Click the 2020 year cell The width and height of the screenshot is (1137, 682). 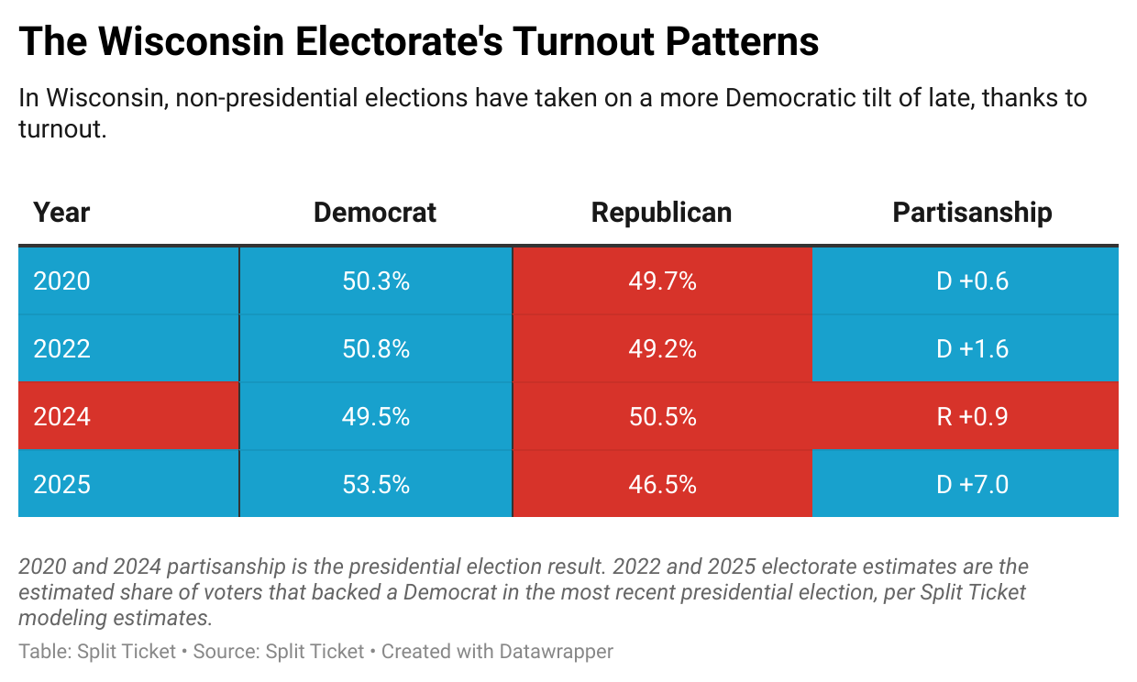(x=62, y=280)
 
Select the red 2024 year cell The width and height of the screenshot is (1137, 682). (x=62, y=416)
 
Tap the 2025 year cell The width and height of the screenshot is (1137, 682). (x=62, y=484)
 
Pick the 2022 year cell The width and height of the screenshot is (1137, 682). (x=62, y=348)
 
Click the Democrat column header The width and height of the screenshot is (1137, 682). (x=375, y=213)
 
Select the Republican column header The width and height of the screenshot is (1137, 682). (x=661, y=213)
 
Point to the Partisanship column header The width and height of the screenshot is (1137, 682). (x=972, y=213)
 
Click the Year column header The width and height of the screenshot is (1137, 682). (x=61, y=213)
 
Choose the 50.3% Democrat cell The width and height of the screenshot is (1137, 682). (x=376, y=280)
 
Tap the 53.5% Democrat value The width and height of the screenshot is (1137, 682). (x=376, y=484)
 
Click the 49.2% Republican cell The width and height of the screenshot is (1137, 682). (x=662, y=348)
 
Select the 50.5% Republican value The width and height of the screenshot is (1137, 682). (x=662, y=416)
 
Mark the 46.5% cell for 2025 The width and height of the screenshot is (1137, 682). (x=662, y=484)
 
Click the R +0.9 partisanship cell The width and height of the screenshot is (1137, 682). (x=972, y=416)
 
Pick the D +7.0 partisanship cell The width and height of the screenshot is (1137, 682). (x=972, y=484)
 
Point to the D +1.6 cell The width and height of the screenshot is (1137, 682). (x=972, y=348)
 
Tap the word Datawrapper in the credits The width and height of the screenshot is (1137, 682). (x=556, y=652)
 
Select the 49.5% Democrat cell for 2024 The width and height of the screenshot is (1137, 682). (x=376, y=416)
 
